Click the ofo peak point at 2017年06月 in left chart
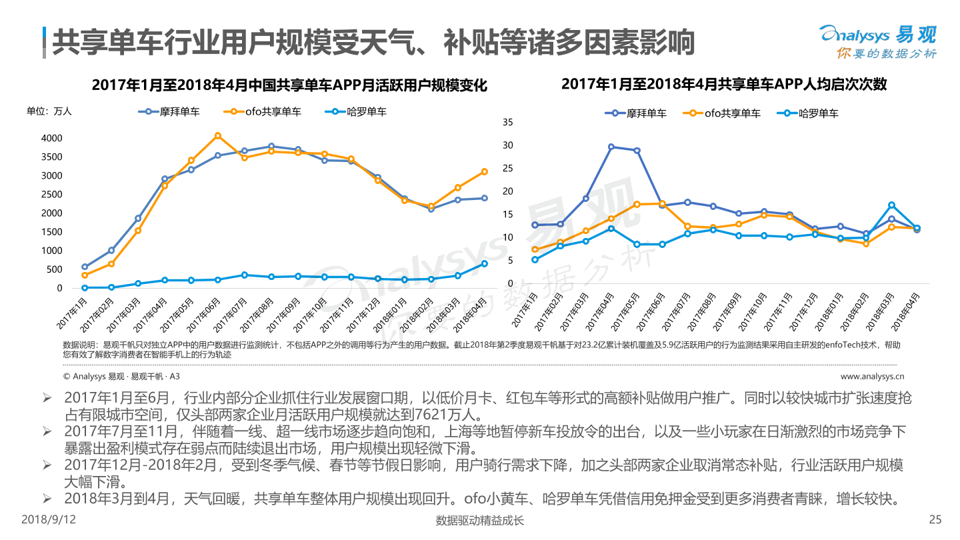pyautogui.click(x=218, y=135)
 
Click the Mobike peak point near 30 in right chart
pyautogui.click(x=611, y=147)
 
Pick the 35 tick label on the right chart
pyautogui.click(x=508, y=122)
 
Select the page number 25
pyautogui.click(x=935, y=520)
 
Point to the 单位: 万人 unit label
pyautogui.click(x=49, y=111)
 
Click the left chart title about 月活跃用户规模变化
pyautogui.click(x=289, y=86)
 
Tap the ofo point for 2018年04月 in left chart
pyautogui.click(x=484, y=171)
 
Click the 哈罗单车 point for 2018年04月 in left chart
pyautogui.click(x=484, y=263)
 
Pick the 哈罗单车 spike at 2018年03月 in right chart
pyautogui.click(x=891, y=205)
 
